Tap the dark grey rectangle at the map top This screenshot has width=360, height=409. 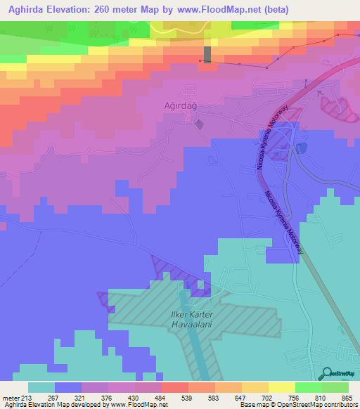207,54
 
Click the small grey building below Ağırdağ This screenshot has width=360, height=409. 200,124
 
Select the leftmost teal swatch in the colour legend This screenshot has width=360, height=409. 41,387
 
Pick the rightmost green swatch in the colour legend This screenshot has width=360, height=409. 335,387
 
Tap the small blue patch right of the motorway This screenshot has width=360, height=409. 302,148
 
